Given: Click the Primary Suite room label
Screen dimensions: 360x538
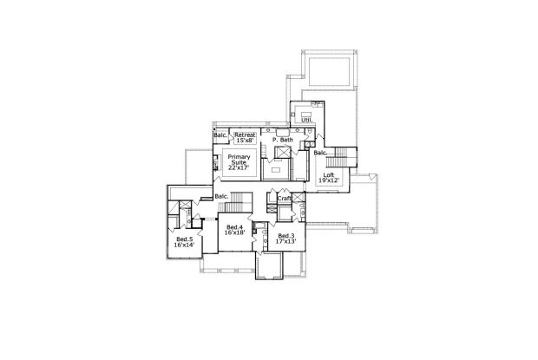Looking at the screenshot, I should pyautogui.click(x=239, y=160).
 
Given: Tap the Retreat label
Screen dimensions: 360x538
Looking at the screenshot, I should pyautogui.click(x=245, y=134).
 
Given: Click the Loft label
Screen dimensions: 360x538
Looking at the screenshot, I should pyautogui.click(x=328, y=175).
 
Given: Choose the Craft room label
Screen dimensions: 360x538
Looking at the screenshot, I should pyautogui.click(x=284, y=198).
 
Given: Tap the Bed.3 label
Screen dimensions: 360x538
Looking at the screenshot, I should pyautogui.click(x=286, y=236).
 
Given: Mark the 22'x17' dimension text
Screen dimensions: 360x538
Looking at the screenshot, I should pyautogui.click(x=239, y=167).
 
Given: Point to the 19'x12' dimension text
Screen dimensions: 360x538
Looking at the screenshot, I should pyautogui.click(x=328, y=181).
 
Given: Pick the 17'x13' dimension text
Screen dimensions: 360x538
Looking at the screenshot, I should pyautogui.click(x=286, y=242).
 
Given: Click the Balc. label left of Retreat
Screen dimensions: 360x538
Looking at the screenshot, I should pyautogui.click(x=220, y=135).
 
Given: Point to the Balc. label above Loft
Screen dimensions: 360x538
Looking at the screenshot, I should pyautogui.click(x=320, y=154).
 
